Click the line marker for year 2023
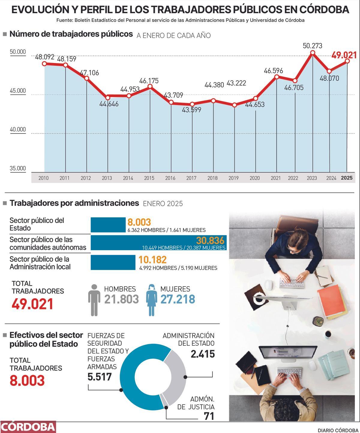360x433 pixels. (313, 53)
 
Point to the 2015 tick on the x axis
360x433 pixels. (149, 178)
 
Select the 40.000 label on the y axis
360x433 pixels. (18, 130)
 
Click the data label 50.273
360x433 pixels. (312, 46)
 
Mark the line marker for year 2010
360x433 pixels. (44, 64)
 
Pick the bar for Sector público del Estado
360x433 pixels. (108, 225)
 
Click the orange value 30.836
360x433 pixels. (210, 240)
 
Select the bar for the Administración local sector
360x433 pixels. (113, 263)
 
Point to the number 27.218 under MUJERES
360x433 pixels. (178, 299)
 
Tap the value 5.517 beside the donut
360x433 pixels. (100, 377)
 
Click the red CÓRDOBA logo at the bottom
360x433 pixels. (28, 427)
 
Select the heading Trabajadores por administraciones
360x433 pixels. (74, 203)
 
